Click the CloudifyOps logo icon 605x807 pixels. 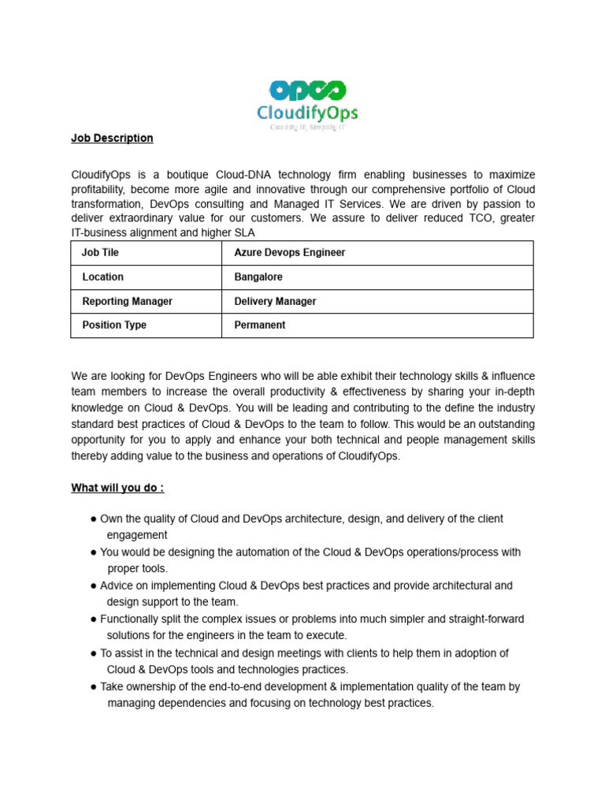tap(307, 90)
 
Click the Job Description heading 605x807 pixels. tap(112, 138)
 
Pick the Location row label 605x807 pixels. tap(102, 277)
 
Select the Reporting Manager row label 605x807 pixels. tap(127, 301)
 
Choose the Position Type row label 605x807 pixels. tap(113, 325)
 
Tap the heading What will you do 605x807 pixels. tap(117, 488)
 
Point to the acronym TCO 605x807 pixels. tap(484, 218)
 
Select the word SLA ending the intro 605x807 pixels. tap(245, 232)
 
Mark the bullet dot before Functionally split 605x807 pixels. tap(94, 619)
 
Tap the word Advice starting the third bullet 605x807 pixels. tap(117, 586)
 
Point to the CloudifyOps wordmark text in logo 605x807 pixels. tap(307, 113)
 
